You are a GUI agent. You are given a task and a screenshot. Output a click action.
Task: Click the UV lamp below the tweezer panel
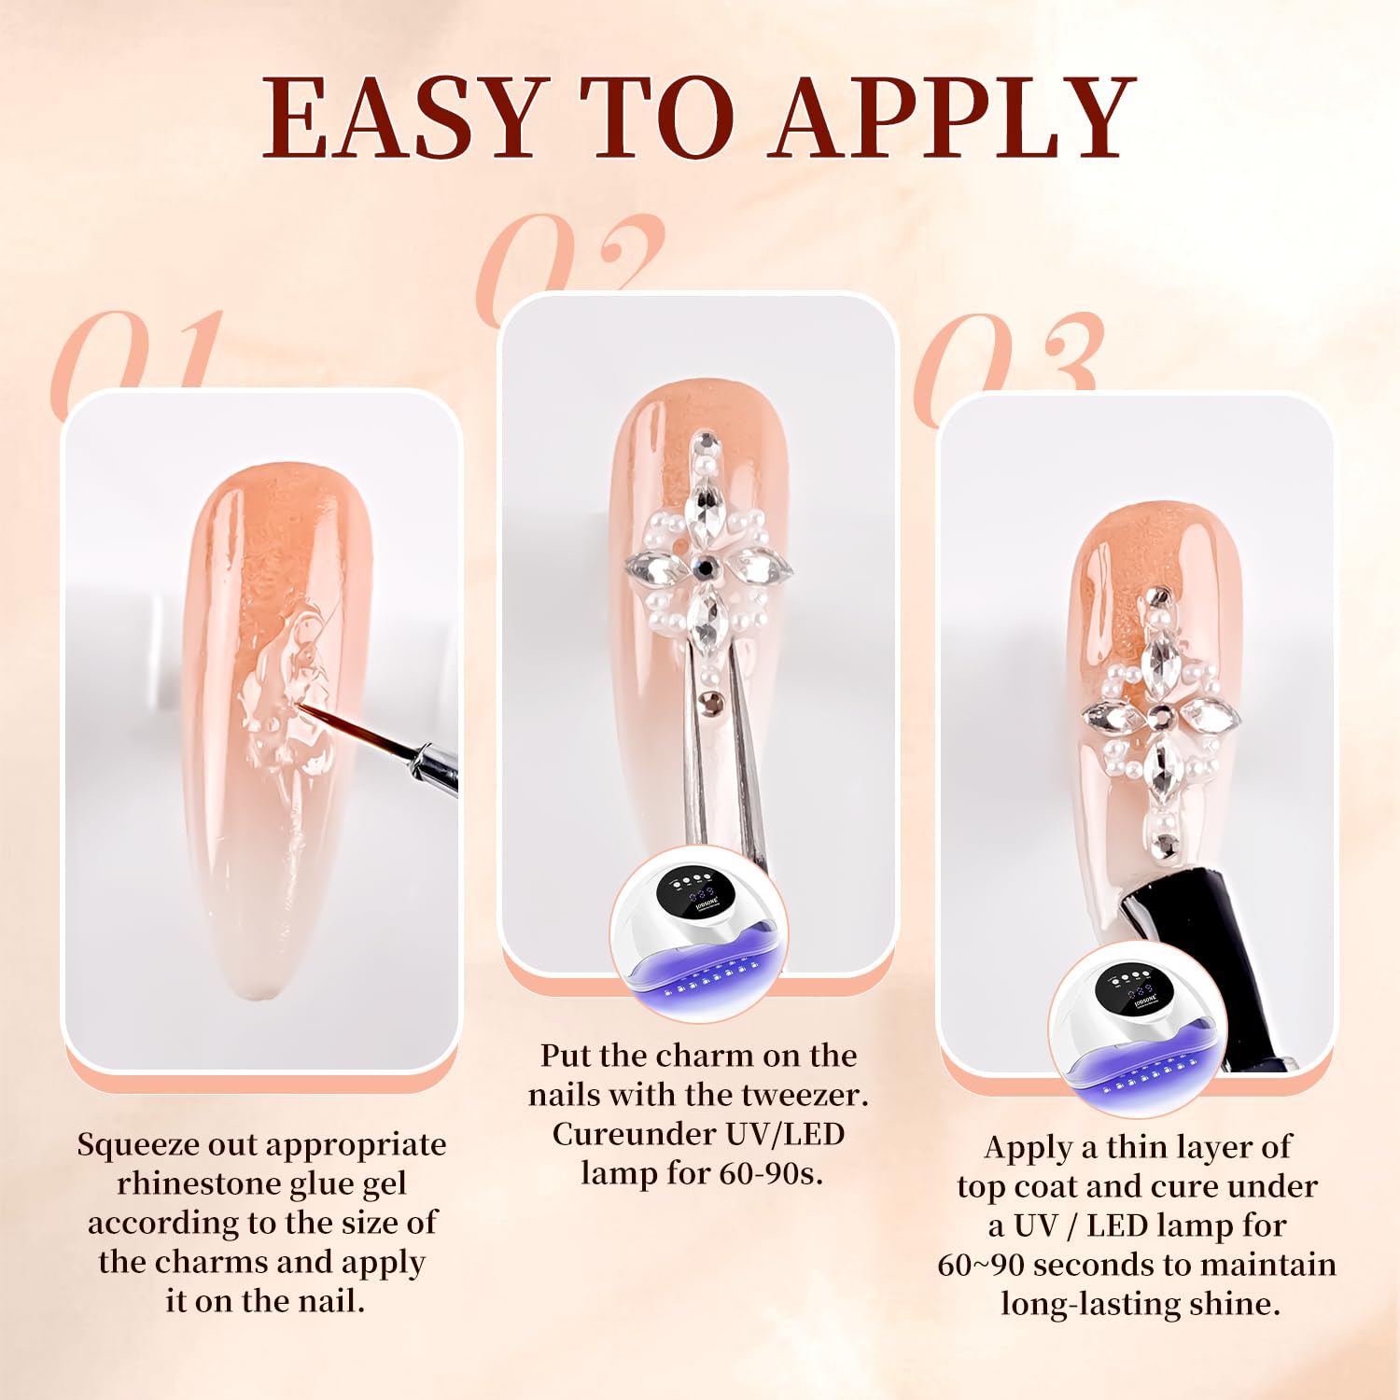(699, 933)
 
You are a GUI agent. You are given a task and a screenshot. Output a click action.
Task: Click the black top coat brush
(1204, 971)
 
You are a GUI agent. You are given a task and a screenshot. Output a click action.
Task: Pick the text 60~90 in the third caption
(980, 1265)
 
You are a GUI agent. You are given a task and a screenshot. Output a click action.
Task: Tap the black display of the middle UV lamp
(689, 893)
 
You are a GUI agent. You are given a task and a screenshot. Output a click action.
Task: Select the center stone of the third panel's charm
(1161, 716)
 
